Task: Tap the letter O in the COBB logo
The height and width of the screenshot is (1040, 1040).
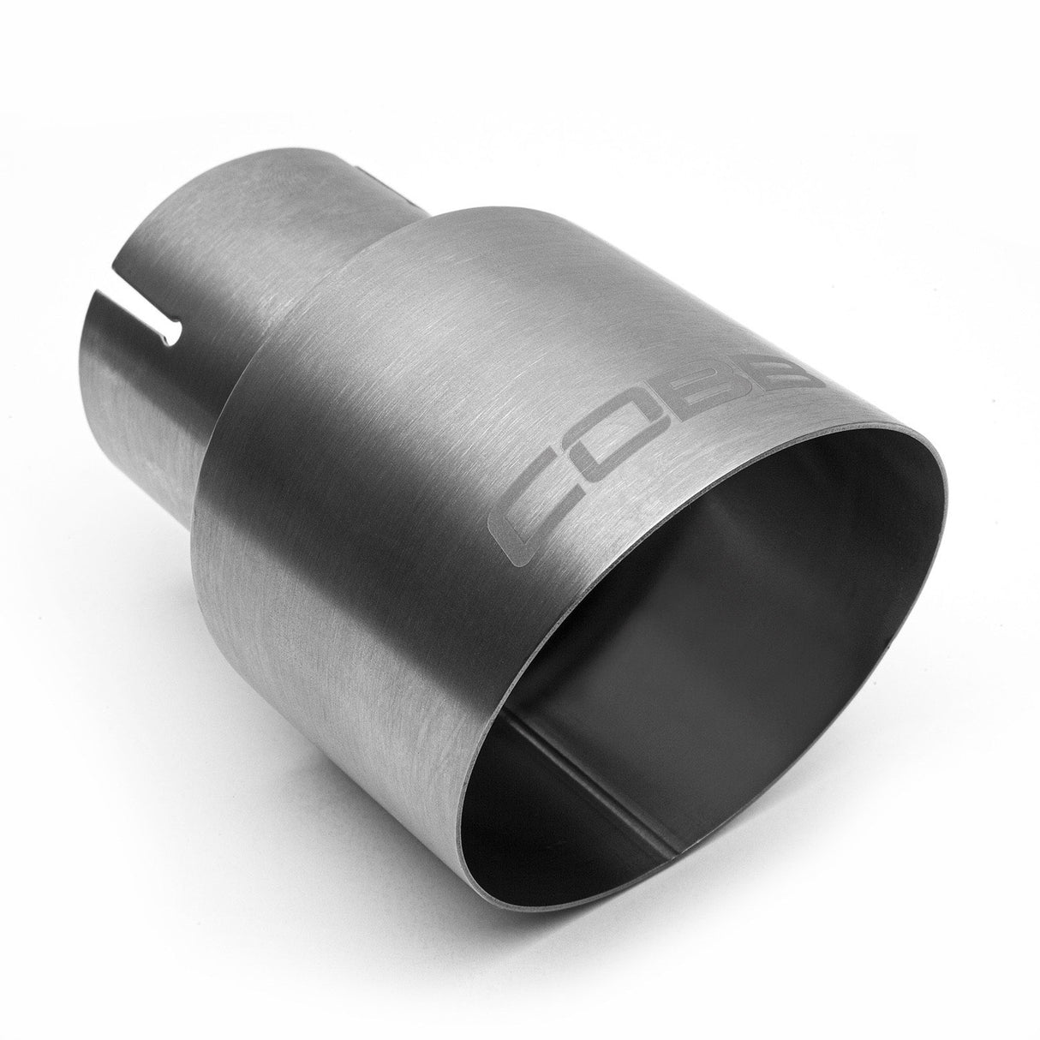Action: [630, 455]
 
